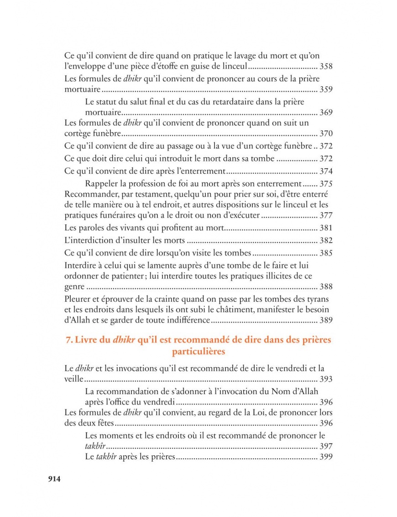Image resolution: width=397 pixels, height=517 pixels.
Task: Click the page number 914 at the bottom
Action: click(54, 479)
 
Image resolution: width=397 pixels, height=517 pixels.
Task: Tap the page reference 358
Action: click(326, 67)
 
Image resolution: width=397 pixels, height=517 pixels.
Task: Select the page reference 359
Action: click(326, 89)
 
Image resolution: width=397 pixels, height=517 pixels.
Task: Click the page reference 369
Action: click(326, 112)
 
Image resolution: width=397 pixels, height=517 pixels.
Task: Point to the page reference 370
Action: click(326, 134)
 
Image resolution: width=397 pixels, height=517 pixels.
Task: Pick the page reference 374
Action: click(326, 171)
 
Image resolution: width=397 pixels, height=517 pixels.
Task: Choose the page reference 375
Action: click(326, 184)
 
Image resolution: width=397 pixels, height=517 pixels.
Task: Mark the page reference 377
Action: click(326, 215)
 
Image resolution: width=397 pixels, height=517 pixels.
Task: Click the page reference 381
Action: click(326, 228)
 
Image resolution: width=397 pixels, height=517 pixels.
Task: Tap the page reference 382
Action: click(326, 240)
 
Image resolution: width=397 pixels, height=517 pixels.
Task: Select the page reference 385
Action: click(326, 253)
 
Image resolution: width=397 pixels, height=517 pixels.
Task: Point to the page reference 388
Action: click(326, 287)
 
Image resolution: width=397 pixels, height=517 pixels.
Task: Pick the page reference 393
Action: click(326, 379)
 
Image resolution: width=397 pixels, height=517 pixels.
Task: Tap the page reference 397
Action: click(326, 447)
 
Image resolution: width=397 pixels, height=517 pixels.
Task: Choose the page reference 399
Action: click(326, 457)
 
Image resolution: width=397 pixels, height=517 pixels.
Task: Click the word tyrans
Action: click(318, 299)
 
